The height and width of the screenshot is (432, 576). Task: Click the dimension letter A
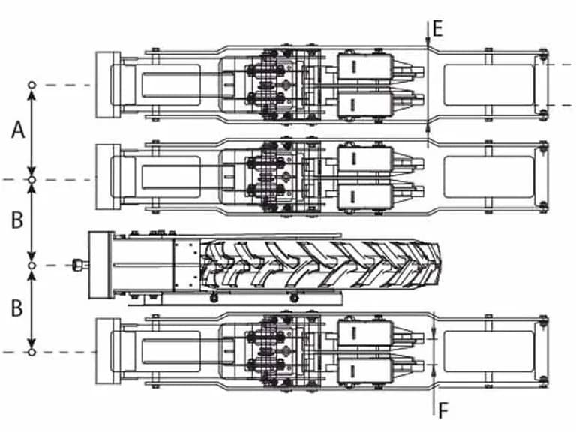click(x=18, y=130)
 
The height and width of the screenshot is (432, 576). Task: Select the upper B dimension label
click(x=17, y=220)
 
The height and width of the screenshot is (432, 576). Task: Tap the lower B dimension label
click(x=17, y=307)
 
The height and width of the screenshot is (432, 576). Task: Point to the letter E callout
click(x=437, y=28)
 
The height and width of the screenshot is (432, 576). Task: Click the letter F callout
click(x=443, y=410)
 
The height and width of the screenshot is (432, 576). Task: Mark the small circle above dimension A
click(x=32, y=85)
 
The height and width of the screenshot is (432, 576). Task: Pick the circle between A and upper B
click(x=32, y=180)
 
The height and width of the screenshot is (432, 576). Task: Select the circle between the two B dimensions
click(x=32, y=265)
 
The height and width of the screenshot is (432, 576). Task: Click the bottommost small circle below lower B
click(x=32, y=352)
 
